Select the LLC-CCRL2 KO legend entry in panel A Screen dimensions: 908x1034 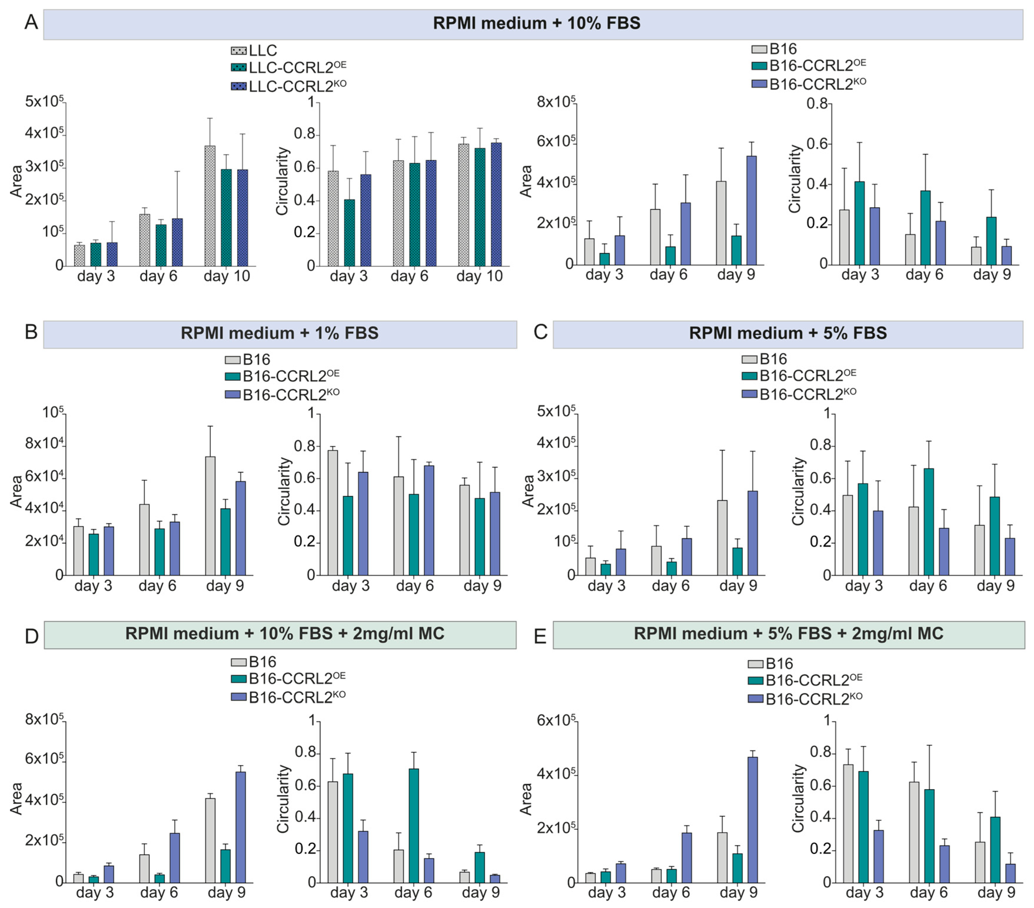pos(288,86)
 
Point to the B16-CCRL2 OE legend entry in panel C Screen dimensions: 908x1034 pos(799,375)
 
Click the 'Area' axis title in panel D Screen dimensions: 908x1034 pos(17,799)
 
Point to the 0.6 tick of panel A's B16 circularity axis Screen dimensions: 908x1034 pos(817,144)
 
